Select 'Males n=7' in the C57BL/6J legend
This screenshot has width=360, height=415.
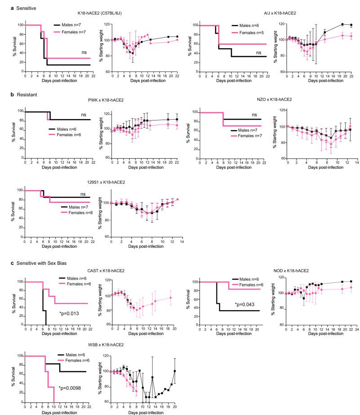point(77,26)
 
